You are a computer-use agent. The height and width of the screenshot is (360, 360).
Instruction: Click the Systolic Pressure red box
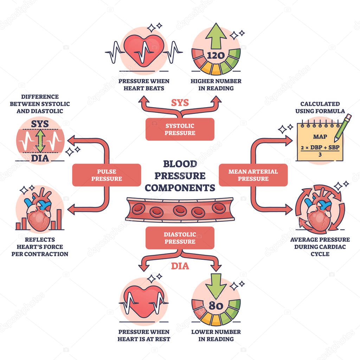180,129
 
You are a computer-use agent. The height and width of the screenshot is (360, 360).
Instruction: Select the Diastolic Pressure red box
180,238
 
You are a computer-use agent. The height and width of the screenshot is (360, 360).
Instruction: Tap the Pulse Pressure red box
107,175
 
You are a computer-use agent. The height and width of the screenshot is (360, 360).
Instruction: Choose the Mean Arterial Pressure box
253,175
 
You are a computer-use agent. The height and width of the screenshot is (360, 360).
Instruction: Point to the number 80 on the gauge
216,306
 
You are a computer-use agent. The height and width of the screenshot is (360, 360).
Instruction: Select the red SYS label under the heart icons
180,103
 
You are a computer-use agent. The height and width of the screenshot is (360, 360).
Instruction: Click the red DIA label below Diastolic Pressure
180,266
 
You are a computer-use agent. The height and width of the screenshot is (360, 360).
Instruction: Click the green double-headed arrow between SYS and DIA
40,141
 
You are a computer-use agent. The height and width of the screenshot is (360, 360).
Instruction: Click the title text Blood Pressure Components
180,176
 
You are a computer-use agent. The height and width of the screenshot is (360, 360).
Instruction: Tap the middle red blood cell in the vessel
179,210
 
